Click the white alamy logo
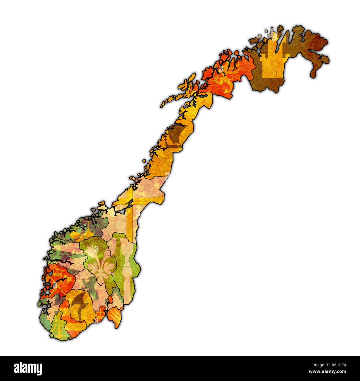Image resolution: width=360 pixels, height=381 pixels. [x=28, y=368]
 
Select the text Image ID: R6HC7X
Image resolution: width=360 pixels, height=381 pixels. [x=327, y=365]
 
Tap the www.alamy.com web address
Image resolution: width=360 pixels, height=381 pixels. [x=327, y=372]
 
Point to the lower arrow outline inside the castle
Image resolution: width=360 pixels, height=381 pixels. [x=275, y=72]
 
